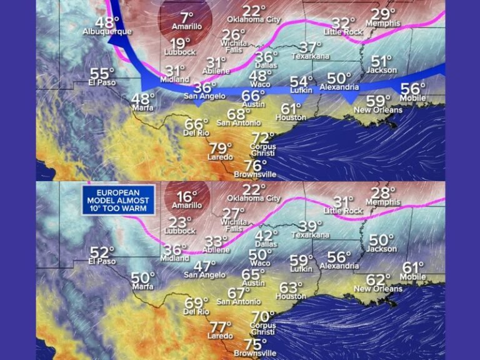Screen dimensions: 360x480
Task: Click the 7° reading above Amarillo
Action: [x=187, y=17]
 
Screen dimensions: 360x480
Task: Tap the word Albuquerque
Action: [x=107, y=31]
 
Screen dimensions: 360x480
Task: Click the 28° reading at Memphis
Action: [x=384, y=193]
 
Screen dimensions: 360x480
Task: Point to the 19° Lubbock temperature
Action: [x=181, y=43]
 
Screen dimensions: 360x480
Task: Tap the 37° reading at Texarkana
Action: [x=311, y=47]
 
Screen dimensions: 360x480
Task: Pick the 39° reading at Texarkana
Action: [x=310, y=226]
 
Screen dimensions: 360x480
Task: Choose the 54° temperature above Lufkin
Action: [x=301, y=81]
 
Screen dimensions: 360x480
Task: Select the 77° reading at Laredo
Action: [x=220, y=327]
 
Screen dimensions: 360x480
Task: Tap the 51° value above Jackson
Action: [x=382, y=61]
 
